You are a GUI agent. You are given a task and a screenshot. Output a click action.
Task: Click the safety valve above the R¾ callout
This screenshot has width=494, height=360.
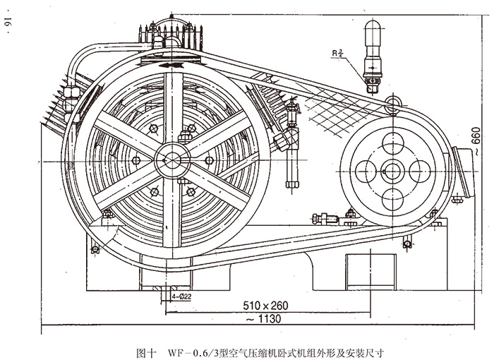click(373, 49)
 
